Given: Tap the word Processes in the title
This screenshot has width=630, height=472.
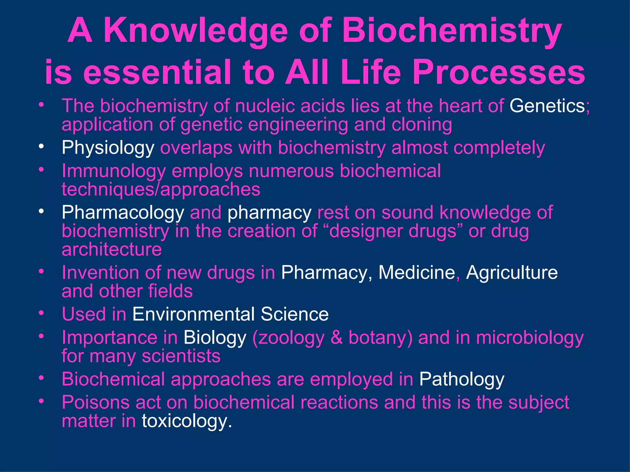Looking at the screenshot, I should pyautogui.click(x=499, y=73).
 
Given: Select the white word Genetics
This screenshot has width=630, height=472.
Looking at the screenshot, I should pyautogui.click(x=547, y=106).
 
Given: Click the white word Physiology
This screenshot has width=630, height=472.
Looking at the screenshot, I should pyautogui.click(x=108, y=148).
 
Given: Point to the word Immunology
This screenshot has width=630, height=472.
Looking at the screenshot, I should pyautogui.click(x=114, y=171).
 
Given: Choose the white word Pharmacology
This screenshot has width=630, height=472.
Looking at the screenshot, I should pyautogui.click(x=123, y=213).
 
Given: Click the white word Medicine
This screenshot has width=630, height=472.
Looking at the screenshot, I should pyautogui.click(x=417, y=273).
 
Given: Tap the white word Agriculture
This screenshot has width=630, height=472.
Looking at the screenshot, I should pyautogui.click(x=512, y=273).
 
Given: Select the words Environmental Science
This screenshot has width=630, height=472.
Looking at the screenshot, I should pyautogui.click(x=230, y=314).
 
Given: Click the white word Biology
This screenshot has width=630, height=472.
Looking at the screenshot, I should pyautogui.click(x=215, y=338).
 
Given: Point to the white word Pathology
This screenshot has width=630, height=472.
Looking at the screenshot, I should pyautogui.click(x=461, y=379).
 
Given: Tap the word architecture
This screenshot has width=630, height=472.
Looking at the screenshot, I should pyautogui.click(x=112, y=249).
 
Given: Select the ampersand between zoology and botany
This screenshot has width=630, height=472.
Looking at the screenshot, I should pyautogui.click(x=337, y=338).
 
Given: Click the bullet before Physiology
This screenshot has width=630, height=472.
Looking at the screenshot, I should pyautogui.click(x=41, y=147).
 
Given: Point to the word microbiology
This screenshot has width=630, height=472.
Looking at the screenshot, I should pyautogui.click(x=530, y=338).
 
